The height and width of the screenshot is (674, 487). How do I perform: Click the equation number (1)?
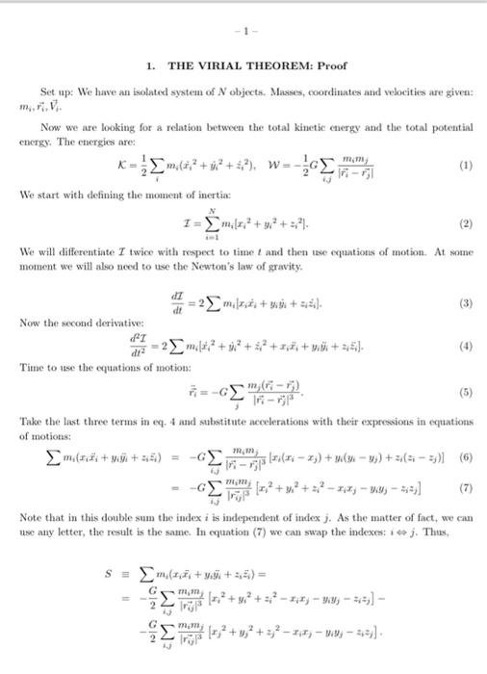(467, 165)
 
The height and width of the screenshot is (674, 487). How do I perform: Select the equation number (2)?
(467, 223)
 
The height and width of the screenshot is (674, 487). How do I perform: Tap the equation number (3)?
(467, 300)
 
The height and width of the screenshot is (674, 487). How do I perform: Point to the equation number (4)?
(467, 345)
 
